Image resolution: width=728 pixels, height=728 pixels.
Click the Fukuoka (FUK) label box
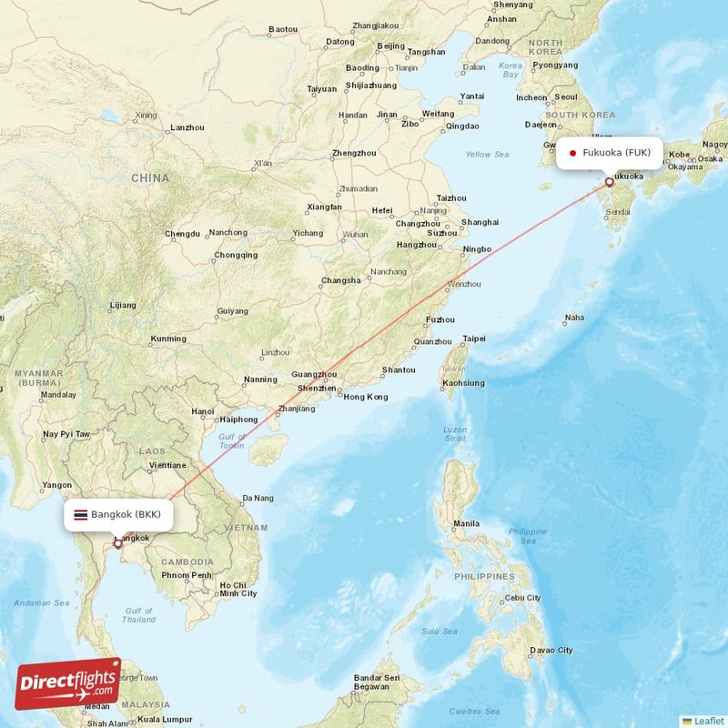pos(610,152)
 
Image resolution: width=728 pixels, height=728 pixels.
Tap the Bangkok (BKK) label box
pos(118,515)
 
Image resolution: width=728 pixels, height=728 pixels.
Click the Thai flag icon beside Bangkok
pos(81,515)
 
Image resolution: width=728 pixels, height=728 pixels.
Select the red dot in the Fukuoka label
pos(572,153)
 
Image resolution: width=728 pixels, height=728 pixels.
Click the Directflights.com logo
pos(67,683)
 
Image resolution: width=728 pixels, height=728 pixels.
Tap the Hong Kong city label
pos(365,397)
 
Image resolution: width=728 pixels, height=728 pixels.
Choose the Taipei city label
pos(474,339)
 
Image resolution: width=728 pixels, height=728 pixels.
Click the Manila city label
pos(466,523)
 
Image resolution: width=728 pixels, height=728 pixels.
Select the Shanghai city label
pos(480,222)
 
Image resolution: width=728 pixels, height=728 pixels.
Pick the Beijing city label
pos(390,45)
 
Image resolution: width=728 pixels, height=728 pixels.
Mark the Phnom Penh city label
pos(187,575)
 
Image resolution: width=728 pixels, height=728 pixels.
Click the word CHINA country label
pos(150,177)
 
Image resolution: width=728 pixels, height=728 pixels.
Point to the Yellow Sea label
pos(487,155)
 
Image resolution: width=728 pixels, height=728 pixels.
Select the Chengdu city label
pos(182,234)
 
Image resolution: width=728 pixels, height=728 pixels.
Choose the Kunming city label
pos(168,339)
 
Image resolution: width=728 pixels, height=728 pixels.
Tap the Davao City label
pos(552,650)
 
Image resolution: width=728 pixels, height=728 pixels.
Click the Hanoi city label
pos(203,411)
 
